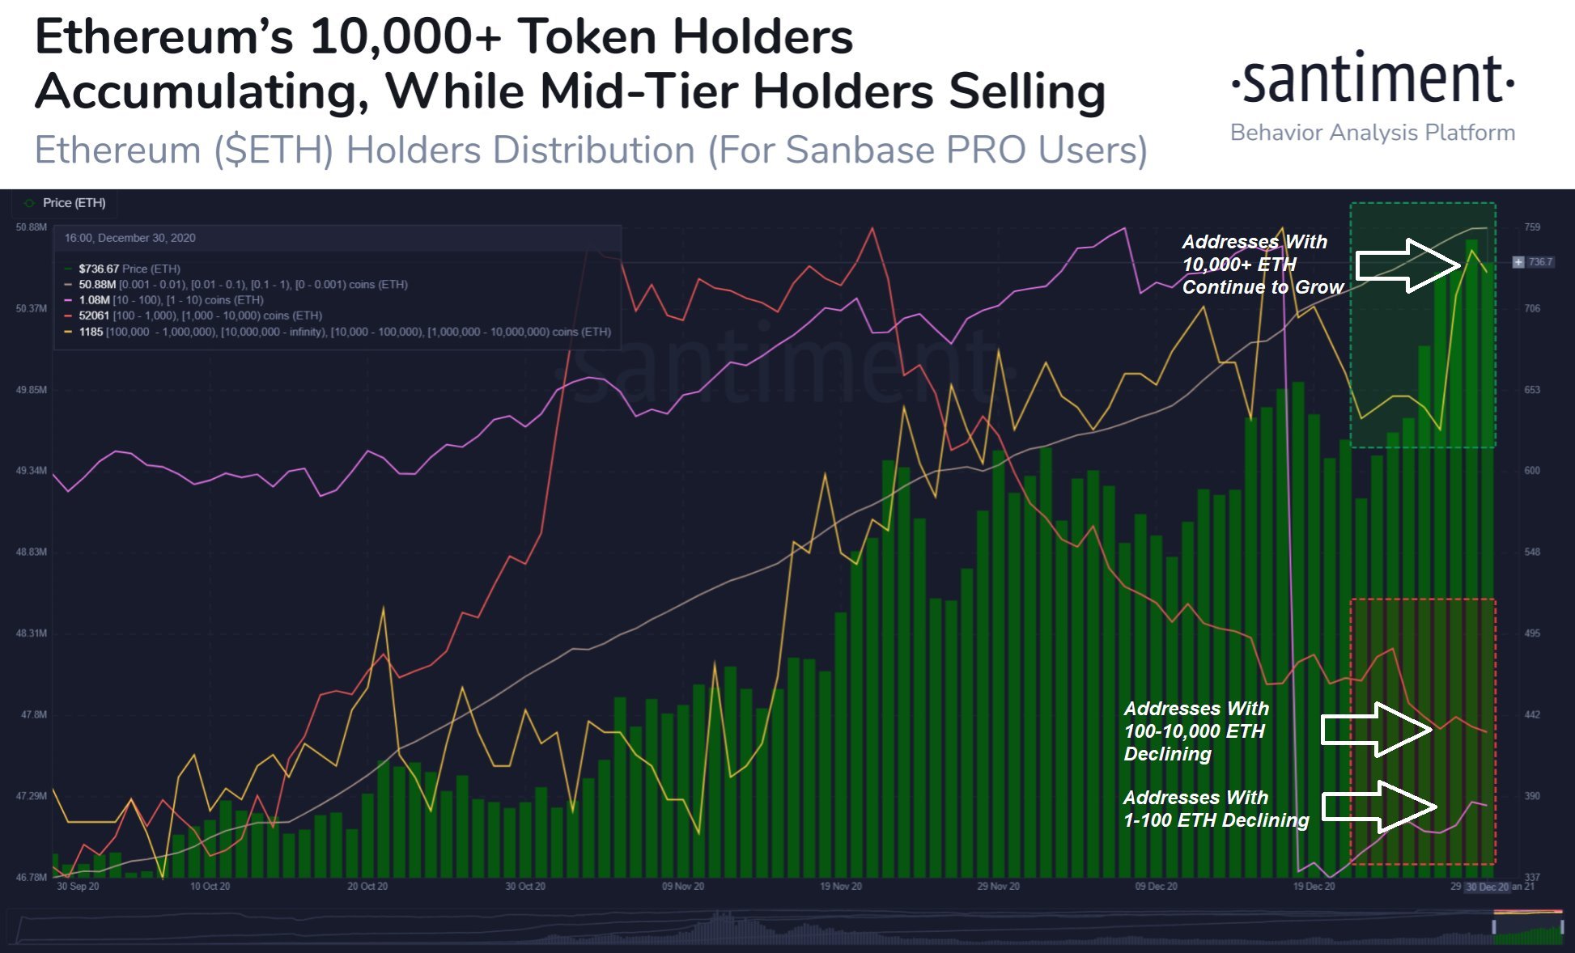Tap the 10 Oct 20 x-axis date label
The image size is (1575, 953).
coord(210,887)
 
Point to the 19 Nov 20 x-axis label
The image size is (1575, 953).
coord(840,887)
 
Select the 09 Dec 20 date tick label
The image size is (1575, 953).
coord(1156,887)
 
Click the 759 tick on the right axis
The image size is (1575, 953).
coord(1532,227)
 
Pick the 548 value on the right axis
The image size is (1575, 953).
coord(1532,552)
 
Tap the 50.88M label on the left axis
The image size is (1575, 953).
coord(31,227)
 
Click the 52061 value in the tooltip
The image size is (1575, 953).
coord(95,316)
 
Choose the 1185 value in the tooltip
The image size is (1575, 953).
coord(91,332)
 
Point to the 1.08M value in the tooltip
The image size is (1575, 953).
coord(94,300)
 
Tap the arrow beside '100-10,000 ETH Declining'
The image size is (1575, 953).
coord(1377,730)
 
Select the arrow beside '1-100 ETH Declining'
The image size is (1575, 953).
coord(1379,807)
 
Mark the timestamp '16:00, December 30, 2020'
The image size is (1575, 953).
coord(129,238)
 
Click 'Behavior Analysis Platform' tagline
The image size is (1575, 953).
coord(1373,133)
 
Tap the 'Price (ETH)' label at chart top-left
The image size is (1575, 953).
coord(74,203)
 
